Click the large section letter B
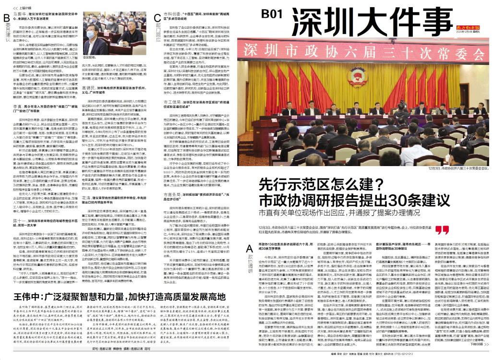7,18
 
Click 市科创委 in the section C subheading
172,15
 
